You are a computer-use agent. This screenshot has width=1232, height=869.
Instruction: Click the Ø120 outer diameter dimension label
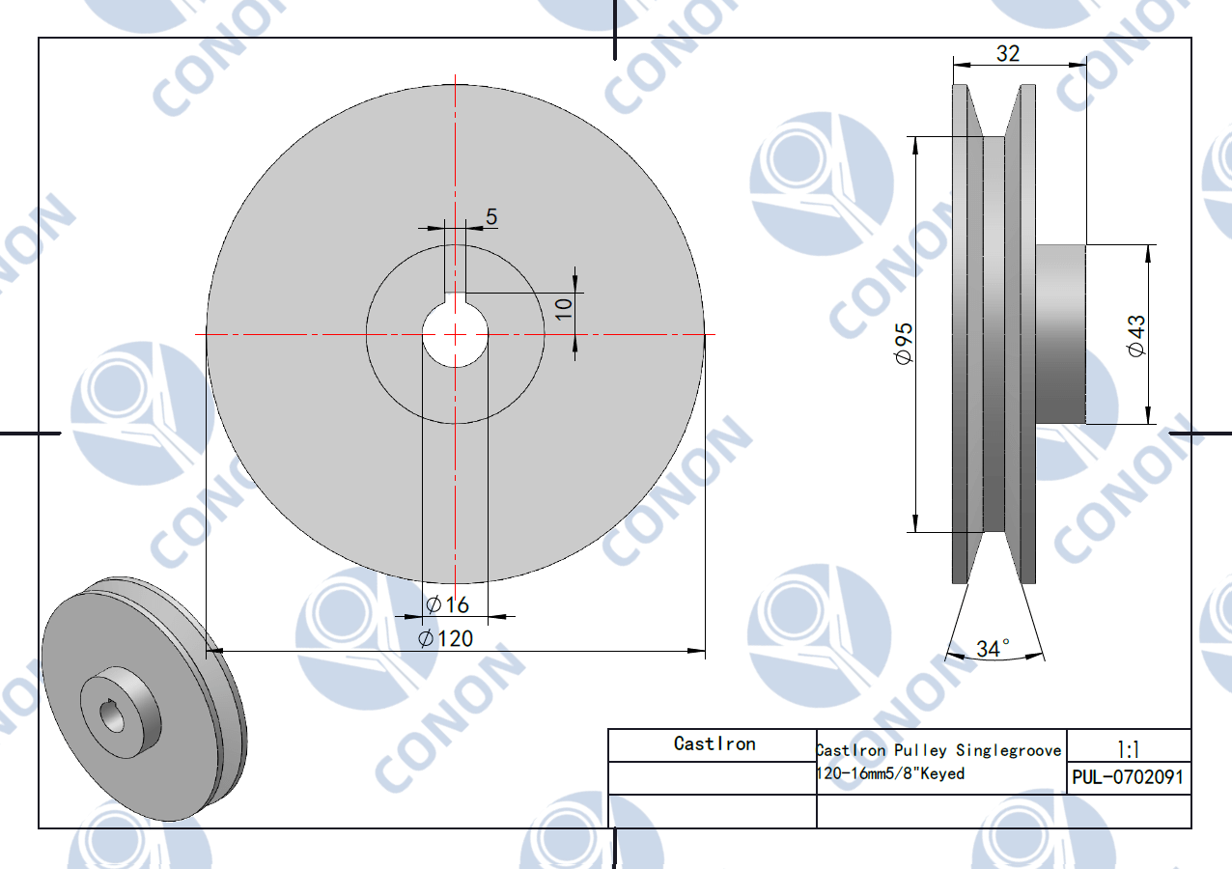(445, 638)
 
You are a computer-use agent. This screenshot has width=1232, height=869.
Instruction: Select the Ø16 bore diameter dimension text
(447, 604)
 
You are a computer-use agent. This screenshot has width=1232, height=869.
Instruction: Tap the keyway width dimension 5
(491, 216)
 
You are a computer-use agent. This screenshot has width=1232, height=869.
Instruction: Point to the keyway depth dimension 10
(563, 309)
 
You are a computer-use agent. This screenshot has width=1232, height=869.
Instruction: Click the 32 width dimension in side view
(1008, 53)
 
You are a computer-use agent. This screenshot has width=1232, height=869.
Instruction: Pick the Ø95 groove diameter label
(904, 343)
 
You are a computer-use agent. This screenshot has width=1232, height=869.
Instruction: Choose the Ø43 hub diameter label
(1135, 336)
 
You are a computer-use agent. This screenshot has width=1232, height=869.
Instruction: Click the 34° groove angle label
(993, 649)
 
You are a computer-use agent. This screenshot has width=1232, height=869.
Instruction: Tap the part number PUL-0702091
(1128, 777)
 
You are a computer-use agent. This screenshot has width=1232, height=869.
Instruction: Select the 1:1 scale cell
(1128, 748)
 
